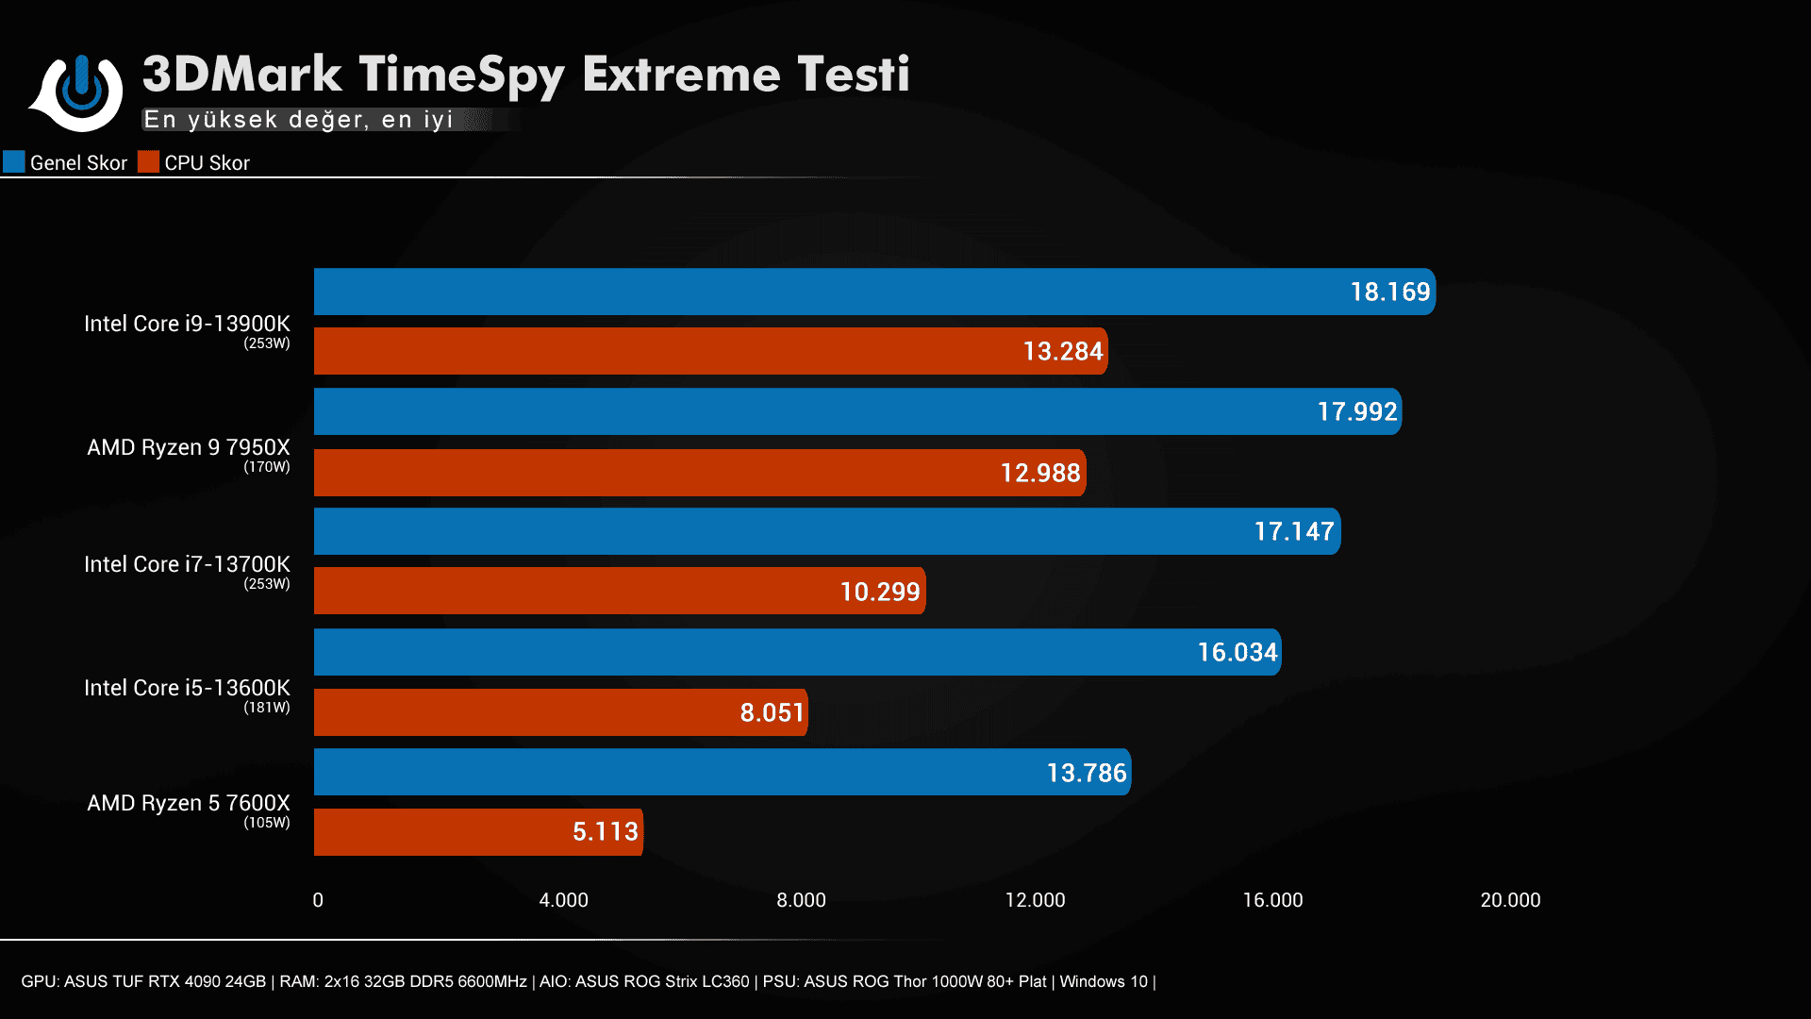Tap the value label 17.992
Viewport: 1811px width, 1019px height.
coord(1356,411)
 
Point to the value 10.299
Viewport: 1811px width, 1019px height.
coord(879,592)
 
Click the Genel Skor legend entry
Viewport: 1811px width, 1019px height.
coord(66,162)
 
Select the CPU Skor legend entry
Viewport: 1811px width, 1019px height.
coord(195,162)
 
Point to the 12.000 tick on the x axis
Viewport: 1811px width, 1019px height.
coord(1035,900)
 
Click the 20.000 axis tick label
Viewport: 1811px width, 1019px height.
coord(1510,900)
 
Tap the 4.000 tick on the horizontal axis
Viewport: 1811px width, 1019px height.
coord(563,900)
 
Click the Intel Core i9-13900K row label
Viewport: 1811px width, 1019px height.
coord(187,324)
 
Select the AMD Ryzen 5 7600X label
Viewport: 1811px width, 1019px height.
coord(188,803)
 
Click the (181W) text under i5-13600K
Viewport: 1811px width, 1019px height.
coord(267,708)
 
